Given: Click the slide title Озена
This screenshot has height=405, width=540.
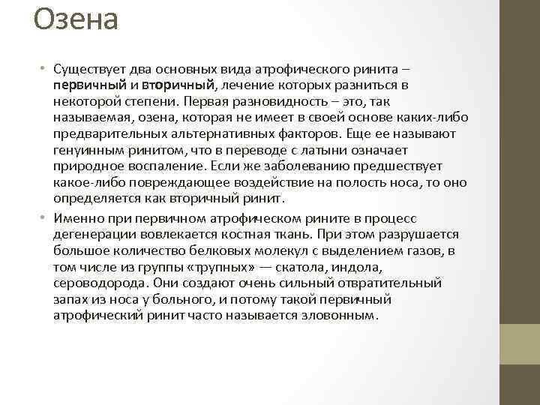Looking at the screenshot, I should (x=76, y=20).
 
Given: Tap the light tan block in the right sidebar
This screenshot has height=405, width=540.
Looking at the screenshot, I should (x=519, y=344).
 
